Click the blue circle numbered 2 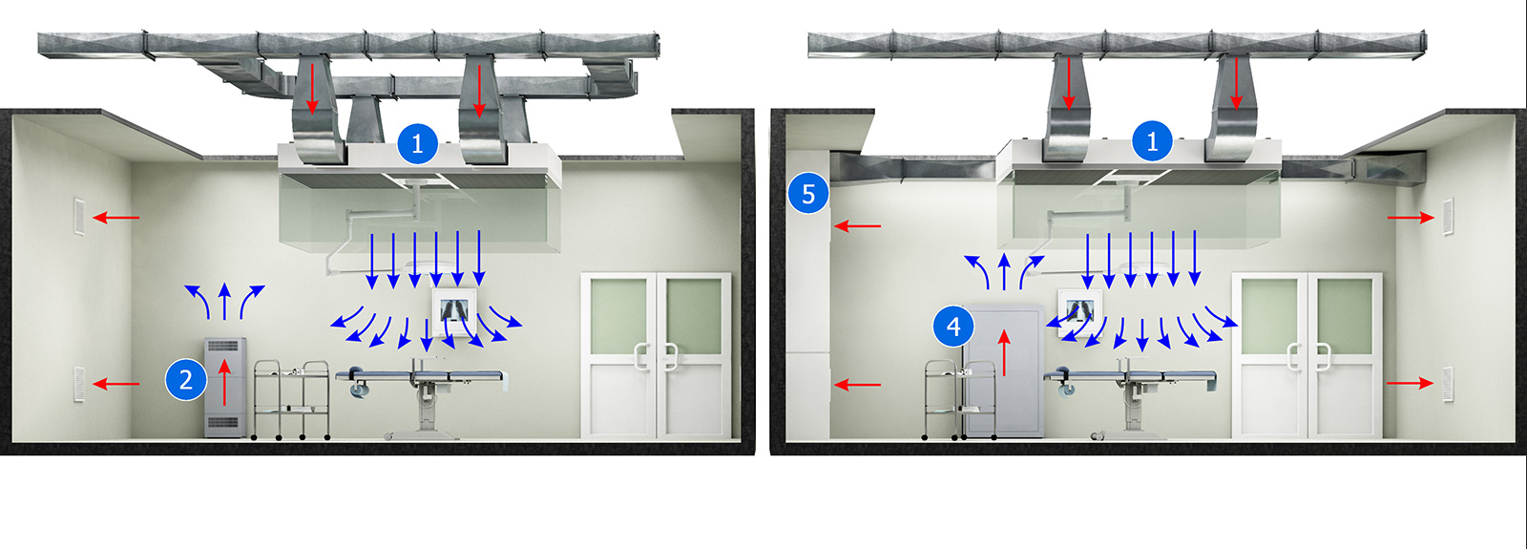(x=186, y=380)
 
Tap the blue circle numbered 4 (x=953, y=327)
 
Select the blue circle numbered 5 (x=808, y=194)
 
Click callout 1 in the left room (x=417, y=143)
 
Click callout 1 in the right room (x=1152, y=141)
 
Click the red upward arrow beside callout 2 (x=224, y=383)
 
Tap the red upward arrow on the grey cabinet (x=1004, y=352)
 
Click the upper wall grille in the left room (x=79, y=217)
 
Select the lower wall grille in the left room (x=79, y=384)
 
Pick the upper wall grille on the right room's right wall (x=1448, y=217)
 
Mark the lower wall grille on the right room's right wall (x=1448, y=384)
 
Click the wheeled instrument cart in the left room (x=292, y=400)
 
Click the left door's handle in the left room (x=641, y=357)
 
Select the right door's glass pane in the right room (x=1345, y=316)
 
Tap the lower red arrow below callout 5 (x=858, y=386)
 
